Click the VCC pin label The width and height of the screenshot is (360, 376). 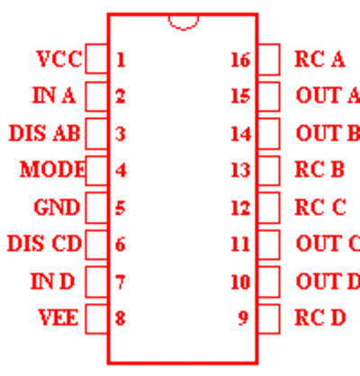click(x=59, y=58)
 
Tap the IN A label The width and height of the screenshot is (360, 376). click(x=54, y=95)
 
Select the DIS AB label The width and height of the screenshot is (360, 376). click(x=45, y=133)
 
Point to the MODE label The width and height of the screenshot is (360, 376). click(x=53, y=169)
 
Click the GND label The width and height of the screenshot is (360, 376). click(x=57, y=207)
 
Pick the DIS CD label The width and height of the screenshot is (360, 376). click(x=44, y=243)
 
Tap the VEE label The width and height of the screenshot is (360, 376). click(x=58, y=318)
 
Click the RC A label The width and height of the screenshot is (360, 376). click(x=319, y=58)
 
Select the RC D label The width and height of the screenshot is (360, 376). click(x=320, y=318)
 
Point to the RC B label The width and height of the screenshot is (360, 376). click(x=319, y=169)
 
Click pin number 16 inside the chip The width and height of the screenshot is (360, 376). click(x=240, y=59)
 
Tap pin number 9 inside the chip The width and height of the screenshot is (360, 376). click(x=244, y=318)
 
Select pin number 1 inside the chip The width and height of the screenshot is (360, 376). click(x=121, y=59)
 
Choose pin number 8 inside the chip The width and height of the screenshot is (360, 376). click(x=121, y=318)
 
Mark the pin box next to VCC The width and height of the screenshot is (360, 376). click(x=96, y=58)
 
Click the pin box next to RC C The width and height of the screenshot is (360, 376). click(x=269, y=208)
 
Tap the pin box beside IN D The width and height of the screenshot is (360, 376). click(x=96, y=282)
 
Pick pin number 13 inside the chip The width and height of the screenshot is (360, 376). click(x=240, y=170)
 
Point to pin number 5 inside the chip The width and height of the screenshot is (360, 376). click(x=121, y=208)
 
